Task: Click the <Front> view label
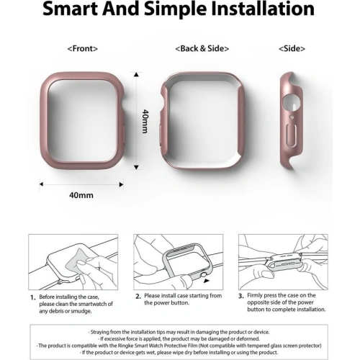tap(83, 49)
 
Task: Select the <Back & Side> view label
tap(202, 49)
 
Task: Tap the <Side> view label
tap(292, 49)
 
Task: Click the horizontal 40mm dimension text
tap(81, 195)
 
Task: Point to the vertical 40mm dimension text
tap(145, 121)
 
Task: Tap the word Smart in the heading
tap(70, 9)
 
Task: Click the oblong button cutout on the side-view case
tap(292, 135)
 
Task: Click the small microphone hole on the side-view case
tap(292, 117)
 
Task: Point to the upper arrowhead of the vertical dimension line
tap(137, 74)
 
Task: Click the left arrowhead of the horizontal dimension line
tap(41, 184)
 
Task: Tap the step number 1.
tap(33, 298)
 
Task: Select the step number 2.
tap(138, 297)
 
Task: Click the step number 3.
tap(241, 296)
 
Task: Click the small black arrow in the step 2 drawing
tap(207, 281)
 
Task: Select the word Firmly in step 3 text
tap(255, 295)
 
